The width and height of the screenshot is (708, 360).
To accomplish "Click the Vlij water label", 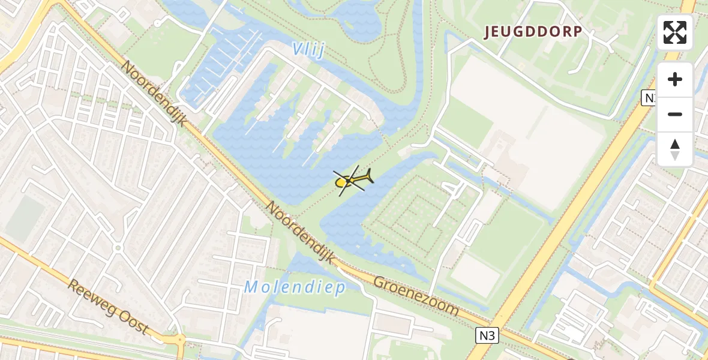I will (x=310, y=50).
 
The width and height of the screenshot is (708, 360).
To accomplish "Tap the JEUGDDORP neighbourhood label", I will (x=533, y=32).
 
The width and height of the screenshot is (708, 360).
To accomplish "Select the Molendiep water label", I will (x=295, y=288).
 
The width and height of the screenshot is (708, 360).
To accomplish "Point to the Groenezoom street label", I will (x=415, y=296).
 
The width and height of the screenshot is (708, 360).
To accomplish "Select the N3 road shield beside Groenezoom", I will (x=488, y=335).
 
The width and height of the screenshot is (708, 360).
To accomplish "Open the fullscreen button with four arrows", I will (x=675, y=32).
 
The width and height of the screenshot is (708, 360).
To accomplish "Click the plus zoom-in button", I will (x=675, y=79).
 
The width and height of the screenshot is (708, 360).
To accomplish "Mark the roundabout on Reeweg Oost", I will (x=179, y=341).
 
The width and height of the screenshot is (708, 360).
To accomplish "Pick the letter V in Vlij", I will (x=298, y=49).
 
